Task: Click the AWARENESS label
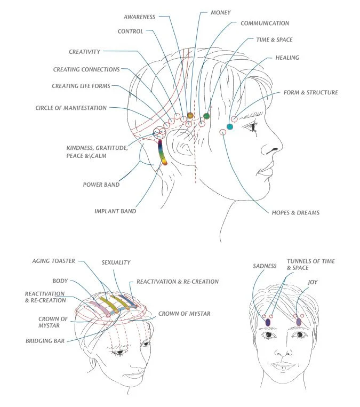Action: pos(140,17)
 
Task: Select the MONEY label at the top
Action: pos(221,11)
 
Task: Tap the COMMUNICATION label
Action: pos(265,23)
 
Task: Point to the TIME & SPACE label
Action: pos(274,40)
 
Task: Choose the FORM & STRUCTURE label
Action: pos(311,93)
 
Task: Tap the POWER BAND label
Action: pos(101,185)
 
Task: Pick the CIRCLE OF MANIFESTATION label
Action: pos(71,108)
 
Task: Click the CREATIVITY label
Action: pos(85,52)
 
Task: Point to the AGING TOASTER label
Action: pos(53,261)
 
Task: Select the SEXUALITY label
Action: pos(116,262)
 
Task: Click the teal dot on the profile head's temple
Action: pos(230,127)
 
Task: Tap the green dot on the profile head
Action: pos(207,116)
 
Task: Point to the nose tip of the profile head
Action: pos(280,150)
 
